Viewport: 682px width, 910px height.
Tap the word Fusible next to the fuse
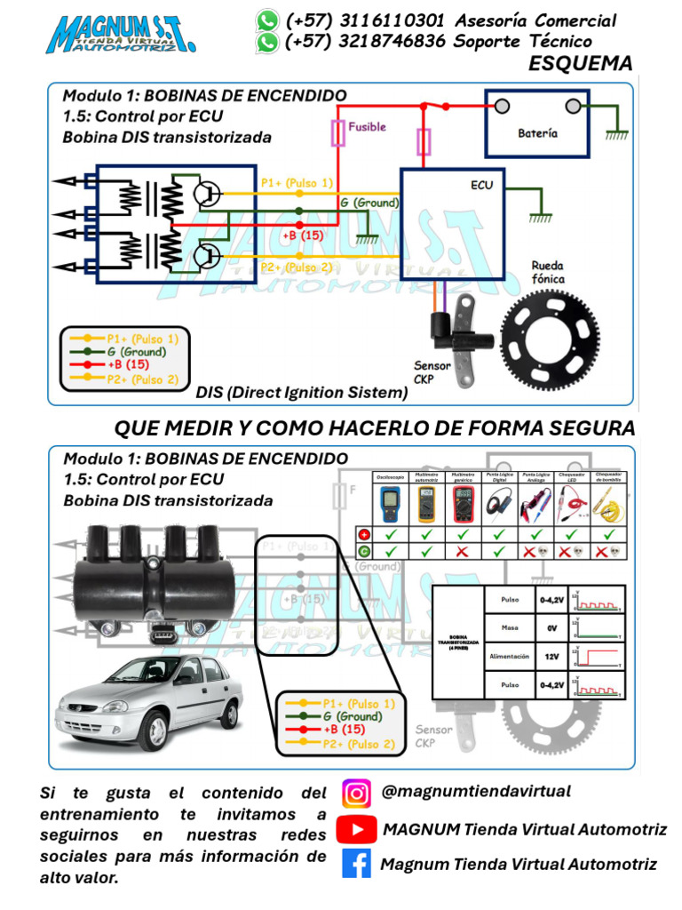click(x=367, y=127)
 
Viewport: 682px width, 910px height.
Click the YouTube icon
click(x=356, y=829)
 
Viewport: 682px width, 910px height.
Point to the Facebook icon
click(x=356, y=864)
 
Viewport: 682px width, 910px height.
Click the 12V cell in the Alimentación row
click(x=551, y=657)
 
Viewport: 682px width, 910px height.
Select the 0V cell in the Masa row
click(x=551, y=628)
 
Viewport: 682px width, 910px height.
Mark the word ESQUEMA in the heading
click(x=580, y=64)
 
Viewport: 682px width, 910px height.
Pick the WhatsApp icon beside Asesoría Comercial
click(x=266, y=20)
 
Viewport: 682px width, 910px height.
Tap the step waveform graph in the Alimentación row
click(x=599, y=657)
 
